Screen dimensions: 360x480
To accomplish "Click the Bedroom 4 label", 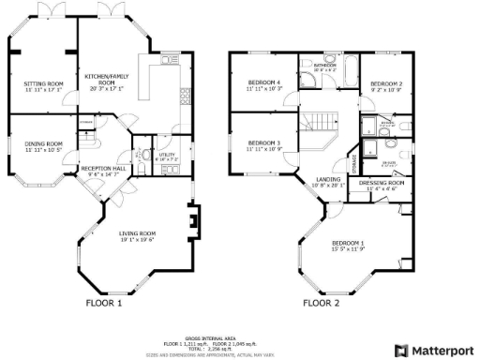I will pos(265,85).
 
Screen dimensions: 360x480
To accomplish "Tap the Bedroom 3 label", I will pos(265,146).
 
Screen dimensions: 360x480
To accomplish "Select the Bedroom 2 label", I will pos(385,85).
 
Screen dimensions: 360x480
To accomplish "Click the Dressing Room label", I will pos(381,184).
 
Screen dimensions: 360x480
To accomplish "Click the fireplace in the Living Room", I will pos(192,223).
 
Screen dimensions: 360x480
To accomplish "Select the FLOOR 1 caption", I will pos(104,303).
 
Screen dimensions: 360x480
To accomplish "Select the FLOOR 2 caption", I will pos(322,303).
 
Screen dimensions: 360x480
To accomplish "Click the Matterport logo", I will pos(432,350).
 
